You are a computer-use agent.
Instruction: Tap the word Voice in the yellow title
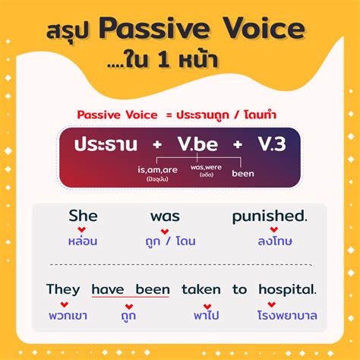tap(263, 31)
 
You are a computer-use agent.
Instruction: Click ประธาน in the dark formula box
tap(102, 144)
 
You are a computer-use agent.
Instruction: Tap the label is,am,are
tap(158, 169)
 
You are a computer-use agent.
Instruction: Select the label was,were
tap(207, 166)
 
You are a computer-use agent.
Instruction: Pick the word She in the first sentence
tap(83, 216)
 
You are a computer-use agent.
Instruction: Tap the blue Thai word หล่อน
tap(83, 241)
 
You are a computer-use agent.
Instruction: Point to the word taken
tap(201, 289)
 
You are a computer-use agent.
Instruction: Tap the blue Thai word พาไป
tap(201, 314)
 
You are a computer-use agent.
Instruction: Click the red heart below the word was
tap(165, 229)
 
